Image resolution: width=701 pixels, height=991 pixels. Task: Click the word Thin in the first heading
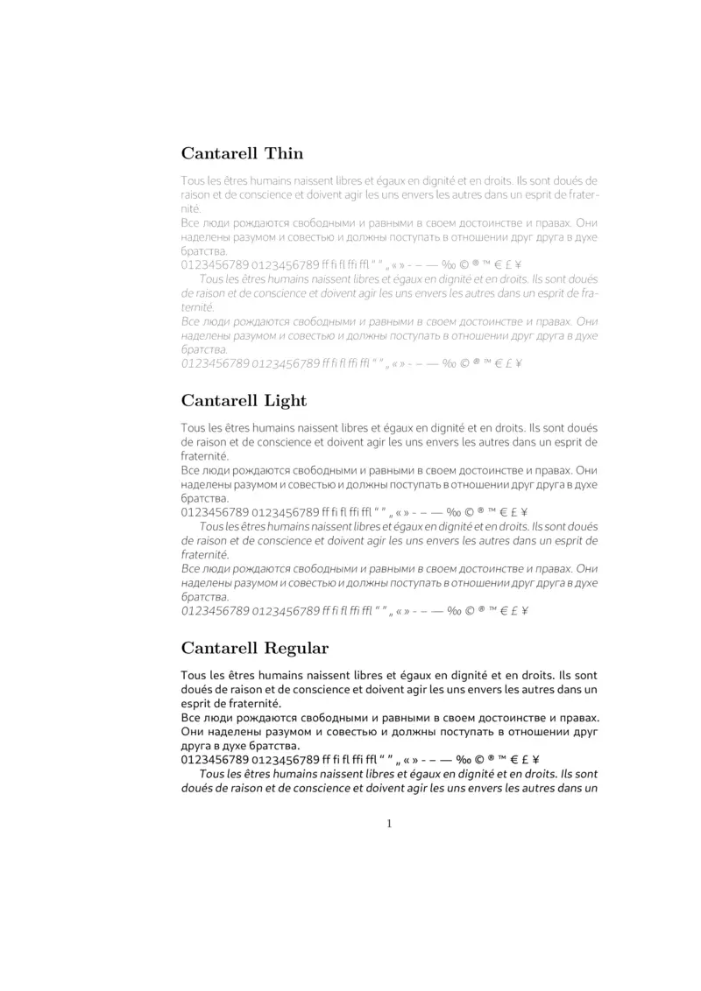284,153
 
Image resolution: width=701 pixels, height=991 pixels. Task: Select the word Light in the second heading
286,401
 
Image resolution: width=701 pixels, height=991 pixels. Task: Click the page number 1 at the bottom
389,823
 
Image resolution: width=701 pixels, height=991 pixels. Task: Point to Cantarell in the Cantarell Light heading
219,401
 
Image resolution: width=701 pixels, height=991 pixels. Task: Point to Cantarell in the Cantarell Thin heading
219,153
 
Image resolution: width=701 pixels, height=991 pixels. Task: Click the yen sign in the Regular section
535,759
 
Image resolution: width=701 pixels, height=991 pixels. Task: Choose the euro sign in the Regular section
504,759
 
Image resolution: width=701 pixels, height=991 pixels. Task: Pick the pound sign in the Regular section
520,759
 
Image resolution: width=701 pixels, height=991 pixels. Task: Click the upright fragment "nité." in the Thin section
191,209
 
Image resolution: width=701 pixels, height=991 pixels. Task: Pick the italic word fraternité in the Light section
205,555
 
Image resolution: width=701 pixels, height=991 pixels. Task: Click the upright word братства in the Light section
203,498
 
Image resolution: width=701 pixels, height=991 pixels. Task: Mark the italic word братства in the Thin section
203,349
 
